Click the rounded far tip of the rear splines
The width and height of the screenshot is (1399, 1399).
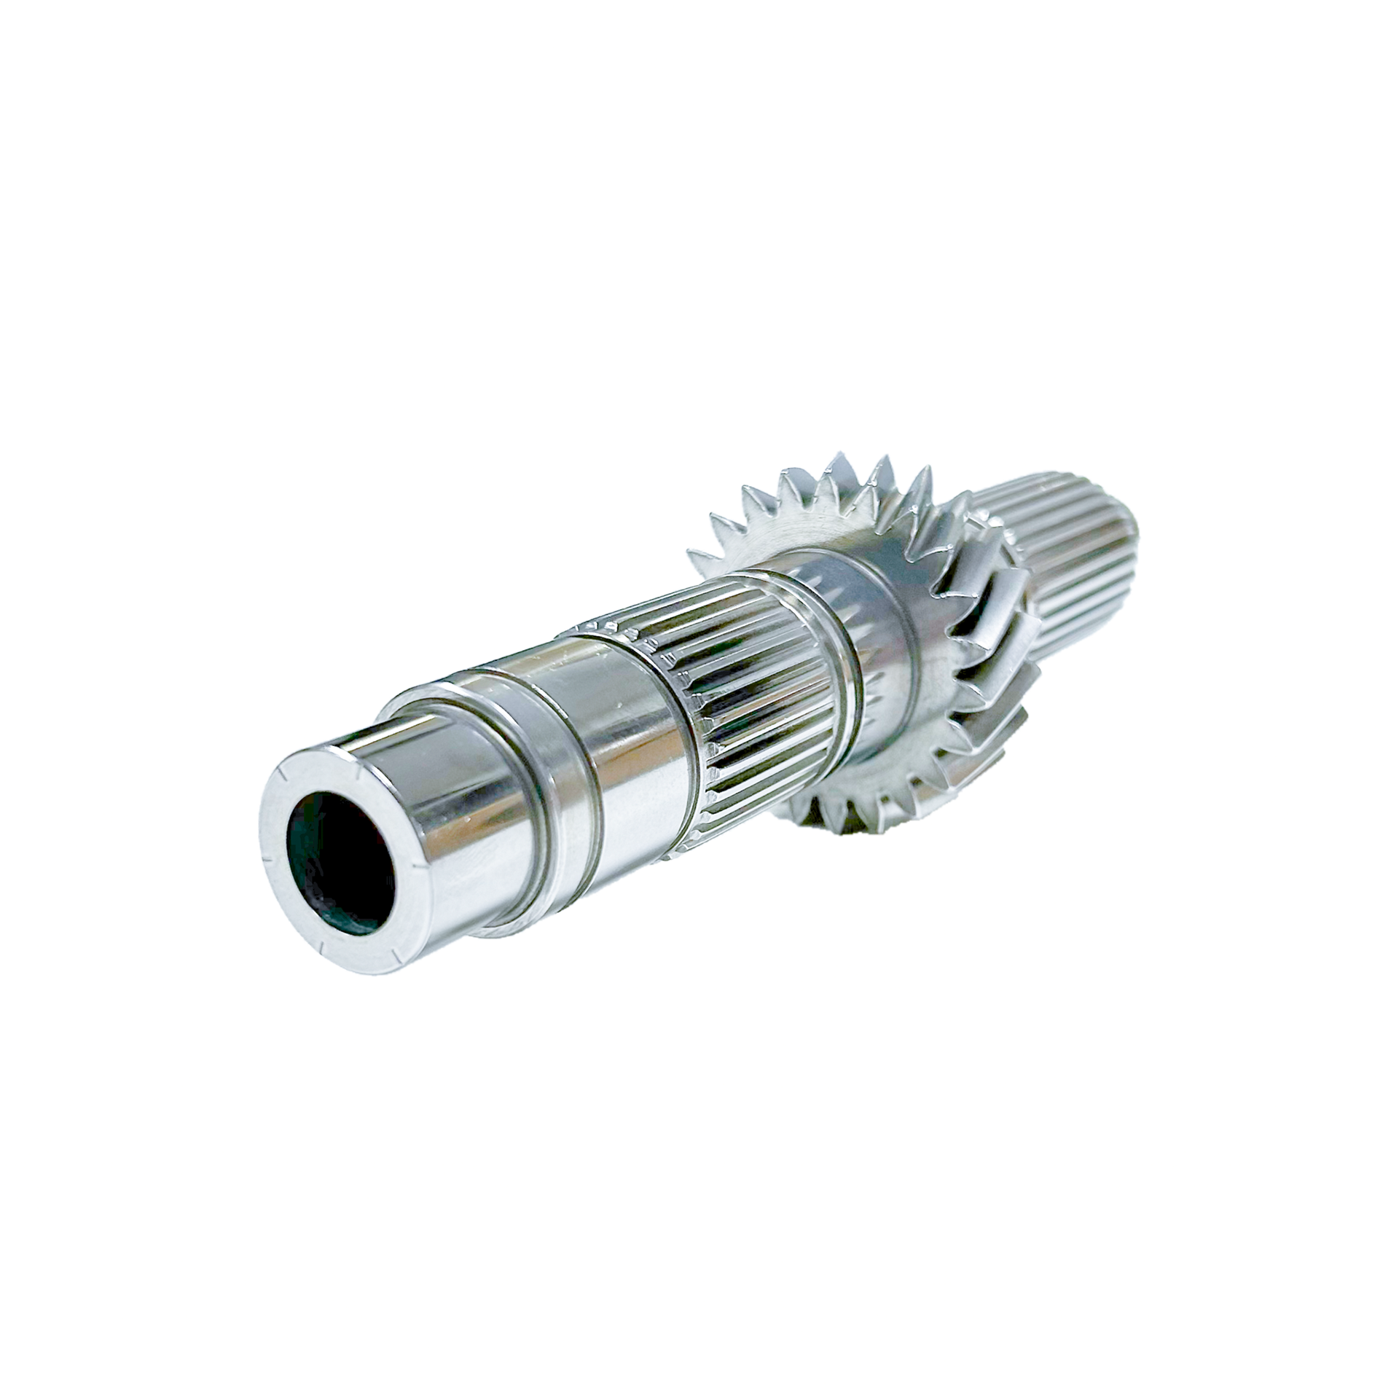click(x=1126, y=539)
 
